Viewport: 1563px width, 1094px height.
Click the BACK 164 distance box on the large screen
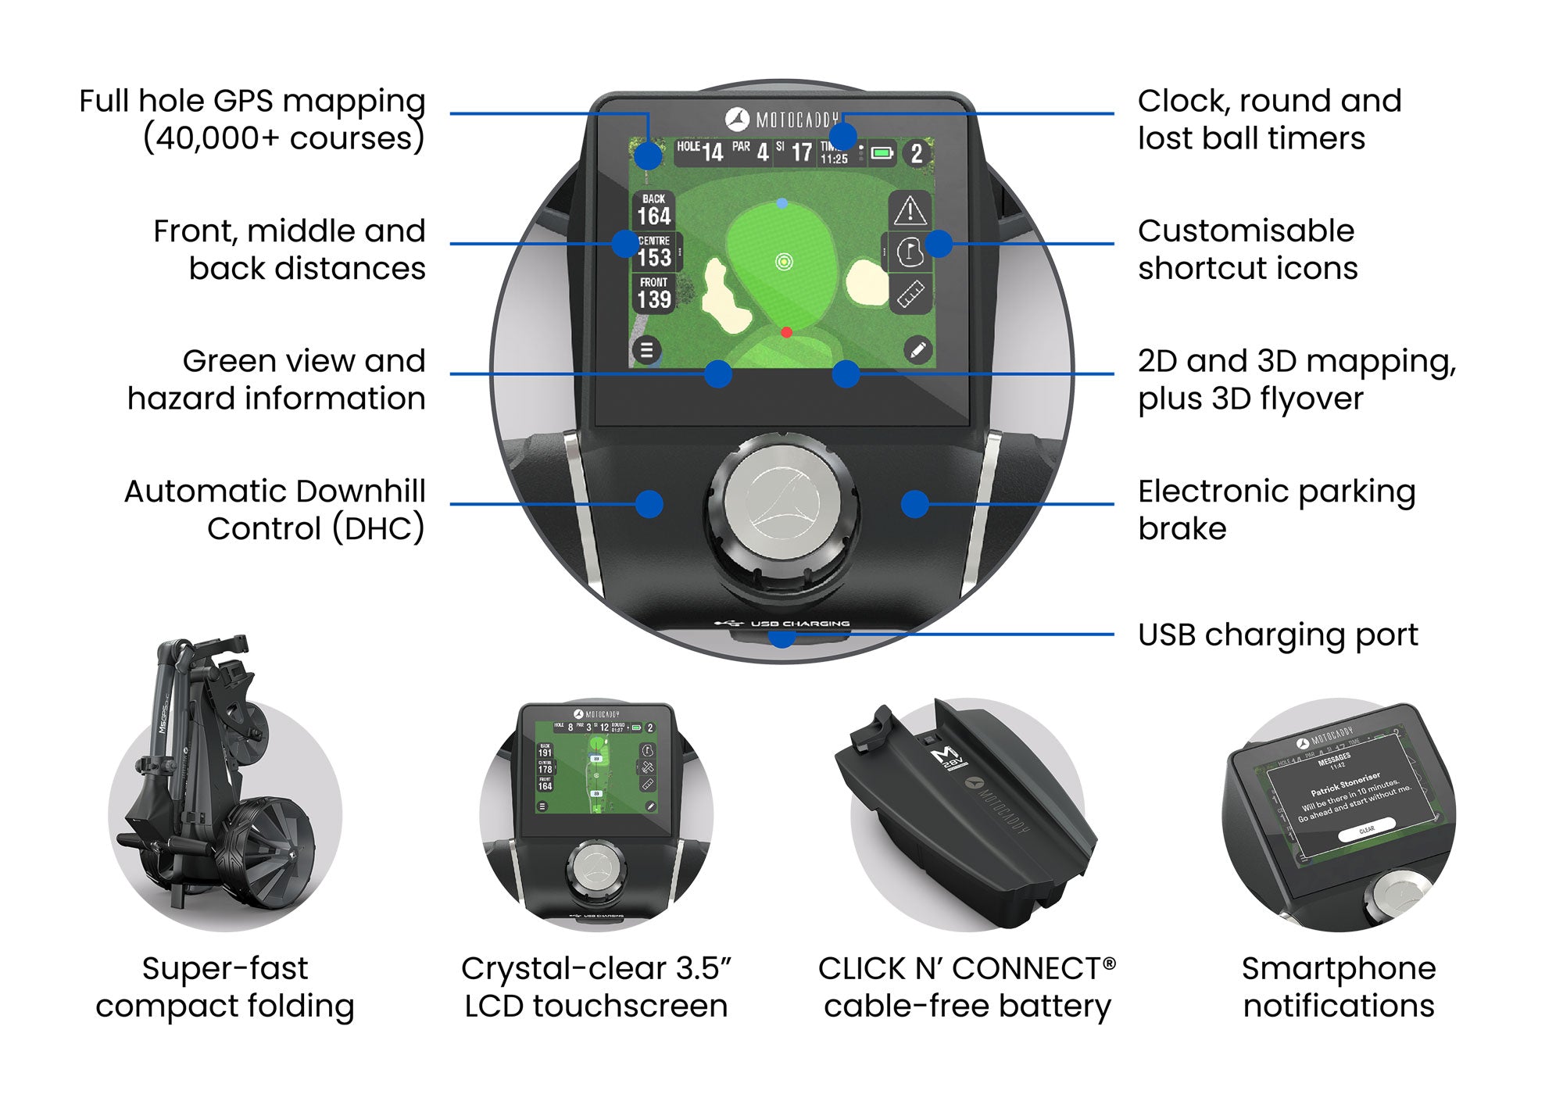pyautogui.click(x=654, y=209)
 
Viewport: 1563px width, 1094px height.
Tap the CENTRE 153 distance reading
pyautogui.click(x=654, y=252)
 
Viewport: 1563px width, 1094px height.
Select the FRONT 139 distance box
pyautogui.click(x=654, y=293)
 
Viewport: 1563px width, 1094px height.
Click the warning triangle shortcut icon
pyautogui.click(x=910, y=210)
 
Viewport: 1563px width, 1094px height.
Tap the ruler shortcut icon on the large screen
pyautogui.click(x=910, y=295)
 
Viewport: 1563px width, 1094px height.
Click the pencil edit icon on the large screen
pyautogui.click(x=918, y=350)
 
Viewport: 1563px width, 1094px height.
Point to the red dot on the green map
pyautogui.click(x=786, y=333)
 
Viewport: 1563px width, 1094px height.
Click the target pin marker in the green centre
pyautogui.click(x=784, y=262)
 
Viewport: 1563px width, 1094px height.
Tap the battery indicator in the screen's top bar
pyautogui.click(x=882, y=153)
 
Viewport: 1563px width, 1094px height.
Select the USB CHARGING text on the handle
pyautogui.click(x=799, y=624)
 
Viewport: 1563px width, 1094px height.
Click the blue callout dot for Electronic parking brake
pyautogui.click(x=914, y=504)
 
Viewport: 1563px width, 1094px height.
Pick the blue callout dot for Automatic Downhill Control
pyautogui.click(x=649, y=504)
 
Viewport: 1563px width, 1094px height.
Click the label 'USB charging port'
pyautogui.click(x=1277, y=635)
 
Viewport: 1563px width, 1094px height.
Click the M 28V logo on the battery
pyautogui.click(x=948, y=758)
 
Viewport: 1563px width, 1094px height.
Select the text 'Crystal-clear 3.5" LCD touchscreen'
pyautogui.click(x=596, y=986)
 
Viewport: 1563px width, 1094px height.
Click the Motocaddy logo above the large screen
pyautogui.click(x=781, y=120)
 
